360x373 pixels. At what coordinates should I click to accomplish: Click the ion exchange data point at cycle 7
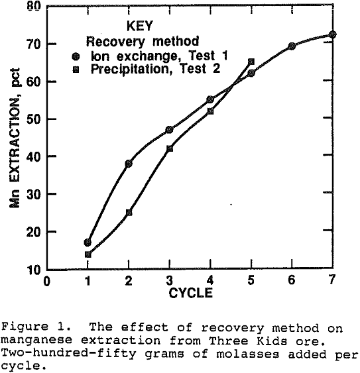coord(332,34)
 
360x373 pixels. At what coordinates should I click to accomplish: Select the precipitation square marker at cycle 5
coord(251,62)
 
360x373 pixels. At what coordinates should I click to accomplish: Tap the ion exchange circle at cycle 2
coord(129,163)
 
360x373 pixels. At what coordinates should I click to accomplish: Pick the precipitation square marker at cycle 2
coord(129,213)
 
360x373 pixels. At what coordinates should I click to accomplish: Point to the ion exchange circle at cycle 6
coord(292,46)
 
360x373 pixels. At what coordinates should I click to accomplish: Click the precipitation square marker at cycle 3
coord(170,148)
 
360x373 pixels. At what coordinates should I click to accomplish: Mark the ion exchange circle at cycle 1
coord(88,242)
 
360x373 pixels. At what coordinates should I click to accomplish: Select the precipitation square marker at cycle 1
coord(88,254)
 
